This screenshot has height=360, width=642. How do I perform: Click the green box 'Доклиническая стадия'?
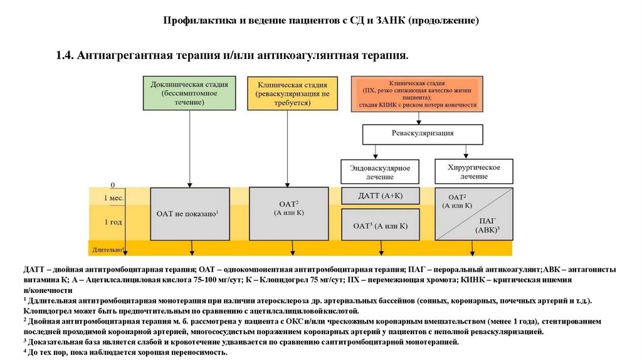coord(189,93)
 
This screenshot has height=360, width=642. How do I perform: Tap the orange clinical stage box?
coord(418,94)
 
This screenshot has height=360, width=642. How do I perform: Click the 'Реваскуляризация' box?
coord(423,134)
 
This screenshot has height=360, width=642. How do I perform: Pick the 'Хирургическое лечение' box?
coord(474,172)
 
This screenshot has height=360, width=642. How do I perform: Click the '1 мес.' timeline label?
coord(113,198)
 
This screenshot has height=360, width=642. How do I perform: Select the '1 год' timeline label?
coord(113,222)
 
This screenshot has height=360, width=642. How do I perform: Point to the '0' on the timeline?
coord(113,185)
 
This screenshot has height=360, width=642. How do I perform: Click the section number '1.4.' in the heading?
coord(65,56)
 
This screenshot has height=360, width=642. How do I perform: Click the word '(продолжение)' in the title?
coord(444,21)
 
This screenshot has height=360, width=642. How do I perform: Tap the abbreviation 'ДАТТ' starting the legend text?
coord(34,269)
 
